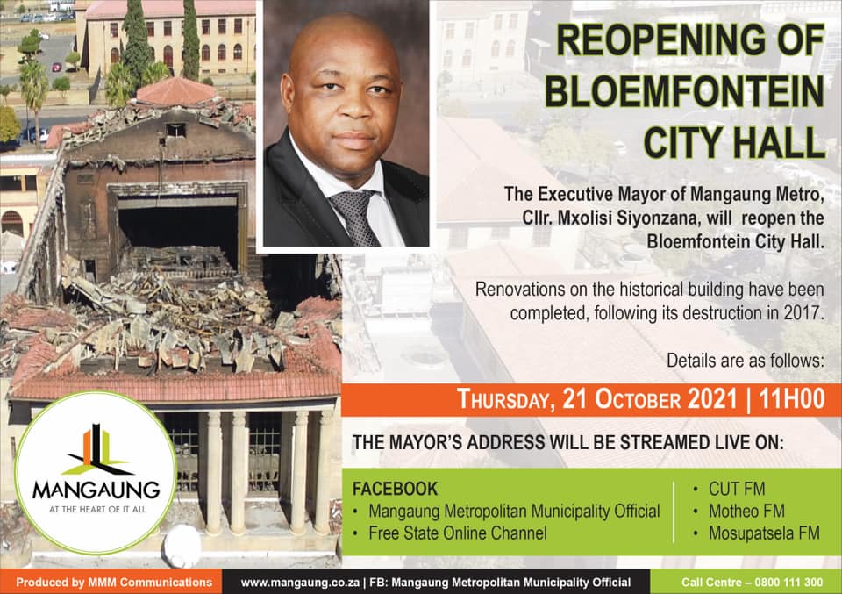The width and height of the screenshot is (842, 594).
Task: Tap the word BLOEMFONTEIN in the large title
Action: click(x=684, y=91)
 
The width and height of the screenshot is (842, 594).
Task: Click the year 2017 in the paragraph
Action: click(x=803, y=312)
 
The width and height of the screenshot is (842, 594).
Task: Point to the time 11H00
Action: click(x=791, y=399)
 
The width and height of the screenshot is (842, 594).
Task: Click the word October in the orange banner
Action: click(x=638, y=400)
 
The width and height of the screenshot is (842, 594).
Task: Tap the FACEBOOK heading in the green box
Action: click(x=395, y=489)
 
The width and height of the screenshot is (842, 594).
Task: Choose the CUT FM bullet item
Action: click(x=736, y=489)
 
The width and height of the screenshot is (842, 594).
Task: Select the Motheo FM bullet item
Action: click(x=746, y=511)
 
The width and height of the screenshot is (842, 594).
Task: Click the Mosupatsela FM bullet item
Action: click(x=764, y=533)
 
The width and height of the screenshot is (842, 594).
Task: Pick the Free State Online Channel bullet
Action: click(x=458, y=533)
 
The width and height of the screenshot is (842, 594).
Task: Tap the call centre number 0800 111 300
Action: click(x=788, y=583)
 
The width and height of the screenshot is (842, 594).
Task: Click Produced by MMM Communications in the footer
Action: click(x=114, y=583)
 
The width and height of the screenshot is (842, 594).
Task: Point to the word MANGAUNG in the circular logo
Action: click(x=96, y=490)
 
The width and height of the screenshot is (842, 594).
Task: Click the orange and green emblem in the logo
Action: click(x=96, y=450)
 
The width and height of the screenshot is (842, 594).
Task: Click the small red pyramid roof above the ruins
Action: click(x=176, y=91)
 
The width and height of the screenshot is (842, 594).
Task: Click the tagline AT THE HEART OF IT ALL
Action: click(x=97, y=509)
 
